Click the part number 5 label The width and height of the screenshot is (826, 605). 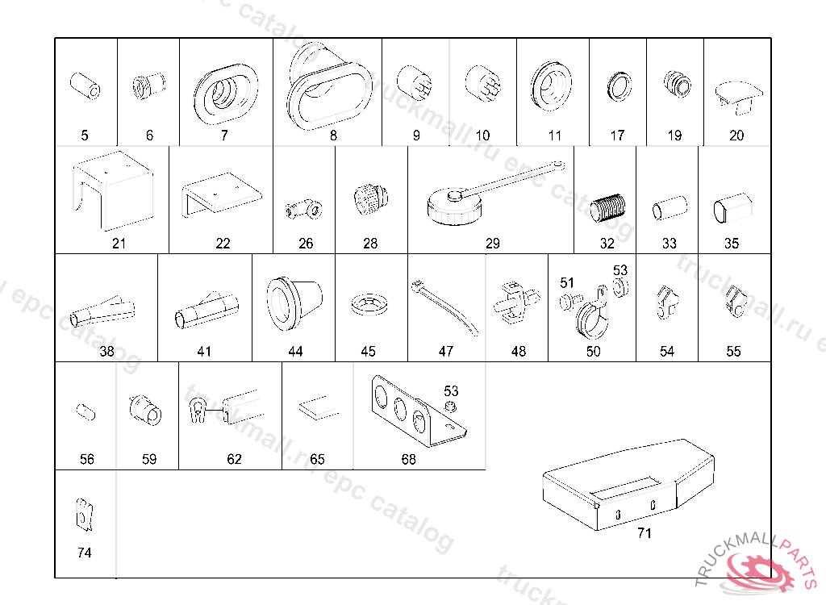pyautogui.click(x=85, y=136)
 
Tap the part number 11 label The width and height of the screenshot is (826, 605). pyautogui.click(x=554, y=136)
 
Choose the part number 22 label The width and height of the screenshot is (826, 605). pyautogui.click(x=223, y=244)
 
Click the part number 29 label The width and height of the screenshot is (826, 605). pyautogui.click(x=492, y=244)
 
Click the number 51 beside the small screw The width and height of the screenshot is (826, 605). pyautogui.click(x=567, y=283)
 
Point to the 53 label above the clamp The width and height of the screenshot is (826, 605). pyautogui.click(x=619, y=269)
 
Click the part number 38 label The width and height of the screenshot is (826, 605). pyautogui.click(x=107, y=352)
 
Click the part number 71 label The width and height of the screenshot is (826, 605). pyautogui.click(x=644, y=533)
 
